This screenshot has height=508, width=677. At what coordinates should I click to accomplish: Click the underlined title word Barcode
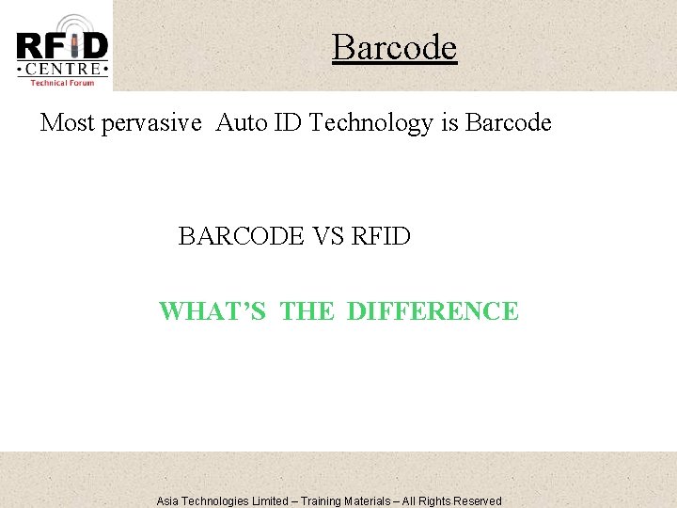click(394, 47)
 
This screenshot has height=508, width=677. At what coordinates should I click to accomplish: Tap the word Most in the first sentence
click(69, 122)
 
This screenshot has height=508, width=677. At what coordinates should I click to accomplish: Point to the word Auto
click(242, 122)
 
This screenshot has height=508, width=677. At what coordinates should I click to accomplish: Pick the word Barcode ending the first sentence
click(509, 122)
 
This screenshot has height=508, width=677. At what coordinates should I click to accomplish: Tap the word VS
click(328, 236)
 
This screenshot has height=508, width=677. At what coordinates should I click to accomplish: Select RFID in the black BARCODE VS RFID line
click(381, 236)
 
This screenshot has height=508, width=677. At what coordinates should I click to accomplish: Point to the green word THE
click(307, 311)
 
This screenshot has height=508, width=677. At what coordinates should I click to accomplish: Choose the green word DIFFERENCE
click(433, 311)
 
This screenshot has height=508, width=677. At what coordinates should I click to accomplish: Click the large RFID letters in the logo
click(62, 46)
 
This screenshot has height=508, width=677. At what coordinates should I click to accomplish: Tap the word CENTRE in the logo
click(62, 69)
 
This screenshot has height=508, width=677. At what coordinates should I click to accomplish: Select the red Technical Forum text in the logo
click(62, 83)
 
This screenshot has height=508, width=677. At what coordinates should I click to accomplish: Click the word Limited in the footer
click(267, 501)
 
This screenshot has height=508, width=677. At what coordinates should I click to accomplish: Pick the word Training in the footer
click(325, 501)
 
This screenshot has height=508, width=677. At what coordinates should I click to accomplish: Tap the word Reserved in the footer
click(478, 501)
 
